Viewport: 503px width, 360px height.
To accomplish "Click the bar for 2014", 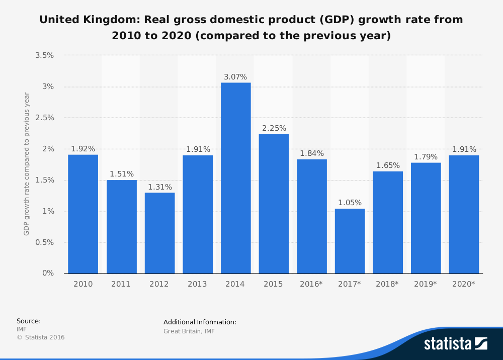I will [235, 178].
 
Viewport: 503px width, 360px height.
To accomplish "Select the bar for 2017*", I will [350, 241].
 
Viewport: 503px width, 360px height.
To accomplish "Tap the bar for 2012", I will [159, 233].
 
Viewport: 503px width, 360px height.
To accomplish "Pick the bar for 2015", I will [274, 204].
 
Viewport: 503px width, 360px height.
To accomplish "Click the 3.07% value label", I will [235, 77].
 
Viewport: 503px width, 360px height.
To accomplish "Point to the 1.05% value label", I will [350, 203].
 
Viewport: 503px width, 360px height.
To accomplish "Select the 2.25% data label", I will [274, 128].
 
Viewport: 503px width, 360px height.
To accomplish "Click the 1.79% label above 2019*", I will [426, 157].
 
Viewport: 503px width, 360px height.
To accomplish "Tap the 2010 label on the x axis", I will [83, 284].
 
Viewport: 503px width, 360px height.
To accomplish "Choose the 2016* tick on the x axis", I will [311, 284].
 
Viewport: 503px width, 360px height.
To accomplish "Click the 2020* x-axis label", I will [464, 284].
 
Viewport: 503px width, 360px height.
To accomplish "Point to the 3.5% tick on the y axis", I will [45, 55].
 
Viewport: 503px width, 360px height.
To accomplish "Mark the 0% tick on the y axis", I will [48, 274].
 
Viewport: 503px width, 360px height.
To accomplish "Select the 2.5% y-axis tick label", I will [45, 118].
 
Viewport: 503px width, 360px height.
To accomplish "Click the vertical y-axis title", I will [27, 164].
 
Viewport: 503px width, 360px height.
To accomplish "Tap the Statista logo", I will [455, 343].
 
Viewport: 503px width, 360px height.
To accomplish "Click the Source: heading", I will [29, 321].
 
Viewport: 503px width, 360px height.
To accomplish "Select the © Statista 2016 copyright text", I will [41, 337].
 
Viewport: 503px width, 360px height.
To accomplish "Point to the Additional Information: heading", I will [200, 322].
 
